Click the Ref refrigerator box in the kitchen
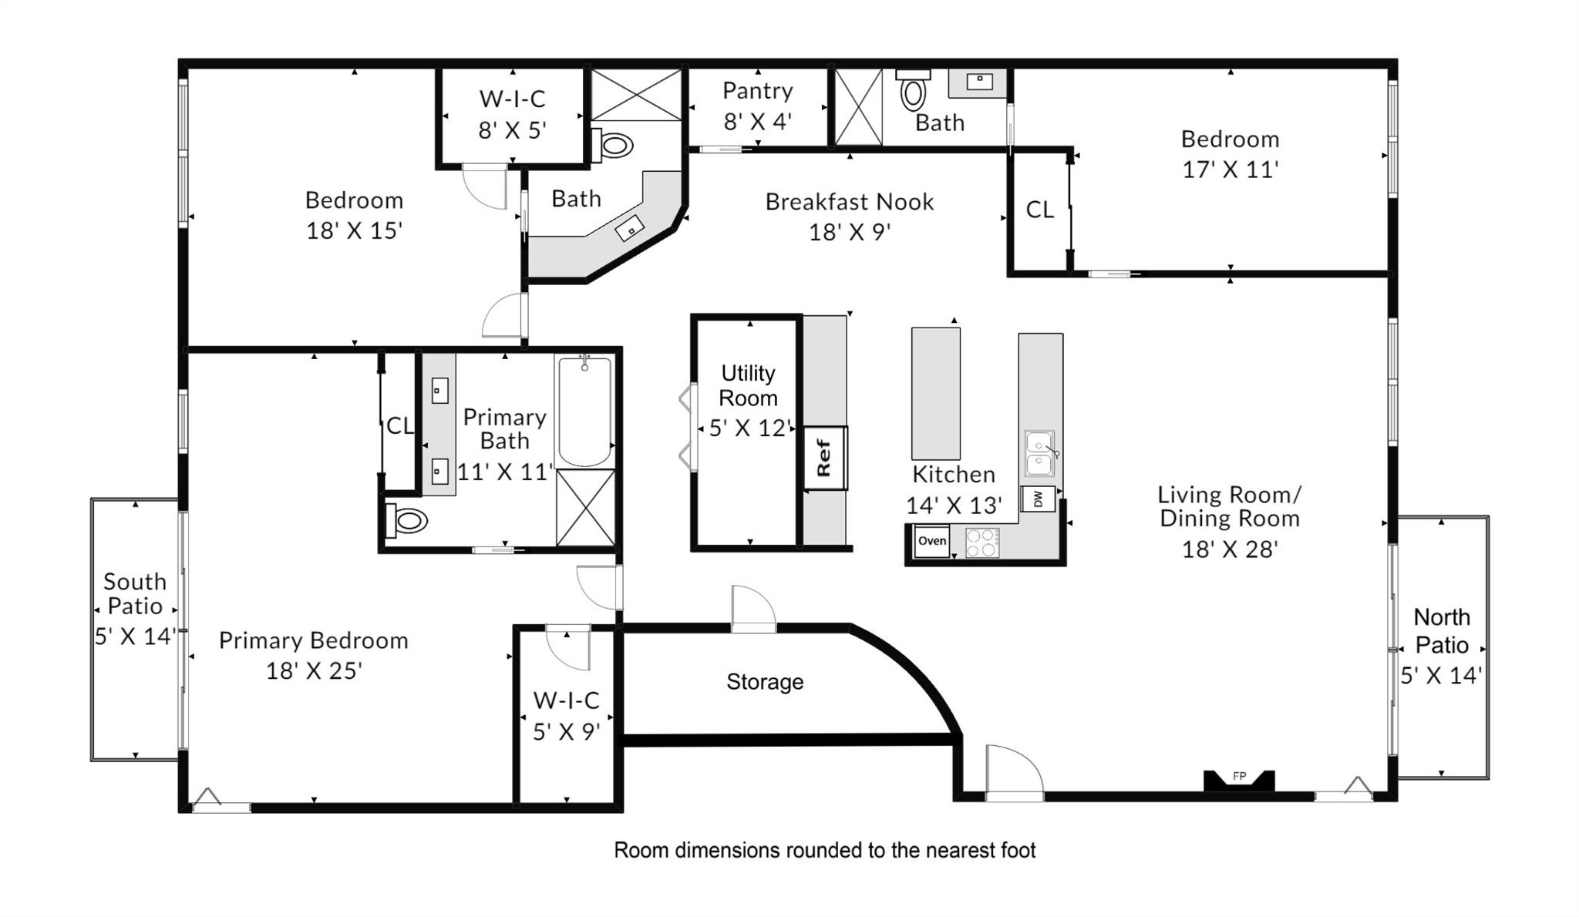825,458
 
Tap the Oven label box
931,541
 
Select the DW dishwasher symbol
1038,499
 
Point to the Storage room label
765,682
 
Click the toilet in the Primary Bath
406,521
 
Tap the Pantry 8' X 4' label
757,106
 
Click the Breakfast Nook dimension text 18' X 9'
850,232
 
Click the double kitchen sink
1039,455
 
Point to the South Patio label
135,594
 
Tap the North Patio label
1441,631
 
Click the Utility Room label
748,385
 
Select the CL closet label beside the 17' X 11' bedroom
1039,210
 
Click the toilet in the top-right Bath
913,93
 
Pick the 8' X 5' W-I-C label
512,114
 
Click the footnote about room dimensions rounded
824,851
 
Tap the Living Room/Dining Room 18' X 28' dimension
1230,549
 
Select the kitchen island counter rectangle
935,394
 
